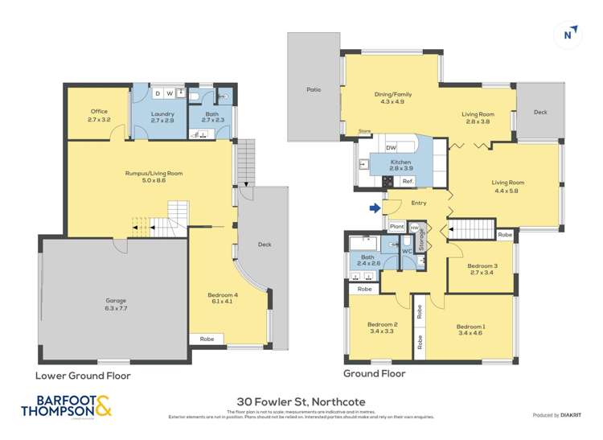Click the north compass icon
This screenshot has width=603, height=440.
click(x=568, y=34)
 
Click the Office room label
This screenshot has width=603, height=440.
click(x=98, y=115)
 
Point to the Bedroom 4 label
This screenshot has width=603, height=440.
click(x=224, y=298)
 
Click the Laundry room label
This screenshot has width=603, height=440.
click(x=162, y=115)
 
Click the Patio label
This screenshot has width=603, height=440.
click(x=314, y=89)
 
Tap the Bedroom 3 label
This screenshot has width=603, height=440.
click(x=482, y=269)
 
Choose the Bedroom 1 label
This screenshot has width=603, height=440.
click(x=470, y=330)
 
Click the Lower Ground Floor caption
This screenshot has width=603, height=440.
click(x=83, y=376)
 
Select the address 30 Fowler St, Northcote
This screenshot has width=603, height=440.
click(x=301, y=400)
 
